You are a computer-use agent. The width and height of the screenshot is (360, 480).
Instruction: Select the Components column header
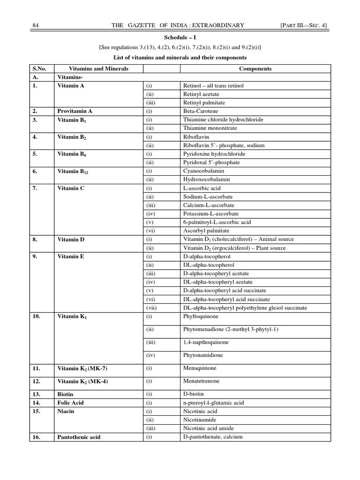pyautogui.click(x=255, y=68)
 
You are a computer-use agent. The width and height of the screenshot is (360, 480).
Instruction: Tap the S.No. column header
pyautogui.click(x=39, y=68)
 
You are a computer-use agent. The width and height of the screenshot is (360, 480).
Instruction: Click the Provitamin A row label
pyautogui.click(x=75, y=111)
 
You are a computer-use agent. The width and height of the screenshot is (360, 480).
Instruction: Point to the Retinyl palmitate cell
pyautogui.click(x=204, y=103)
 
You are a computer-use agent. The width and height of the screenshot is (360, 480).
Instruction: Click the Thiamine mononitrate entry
pyautogui.click(x=210, y=128)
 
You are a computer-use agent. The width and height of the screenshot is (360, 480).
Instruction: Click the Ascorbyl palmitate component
pyautogui.click(x=206, y=231)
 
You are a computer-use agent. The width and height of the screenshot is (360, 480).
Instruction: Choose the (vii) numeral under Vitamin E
pyautogui.click(x=150, y=307)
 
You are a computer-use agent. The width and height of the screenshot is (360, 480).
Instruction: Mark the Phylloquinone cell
pyautogui.click(x=200, y=316)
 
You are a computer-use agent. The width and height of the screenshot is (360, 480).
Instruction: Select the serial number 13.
pyautogui.click(x=37, y=394)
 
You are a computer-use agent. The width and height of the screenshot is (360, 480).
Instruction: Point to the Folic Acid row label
pyautogui.click(x=70, y=403)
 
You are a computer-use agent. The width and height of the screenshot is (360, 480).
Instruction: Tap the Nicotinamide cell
pyautogui.click(x=200, y=420)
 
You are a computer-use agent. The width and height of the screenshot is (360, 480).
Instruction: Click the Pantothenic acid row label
pyautogui.click(x=79, y=437)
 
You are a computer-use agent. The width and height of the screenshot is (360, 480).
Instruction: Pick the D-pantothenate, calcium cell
pyautogui.click(x=213, y=437)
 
